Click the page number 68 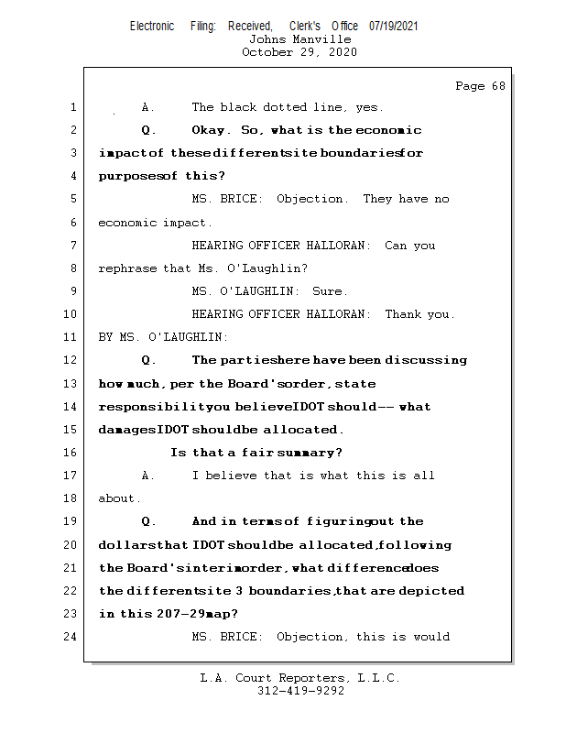click(x=498, y=86)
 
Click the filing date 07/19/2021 click(x=393, y=27)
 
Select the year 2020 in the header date click(x=343, y=52)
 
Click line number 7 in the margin click(x=73, y=245)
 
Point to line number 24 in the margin click(x=70, y=636)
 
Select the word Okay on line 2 click(x=209, y=130)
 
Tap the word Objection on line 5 click(x=310, y=199)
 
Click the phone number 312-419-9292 click(x=300, y=691)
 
